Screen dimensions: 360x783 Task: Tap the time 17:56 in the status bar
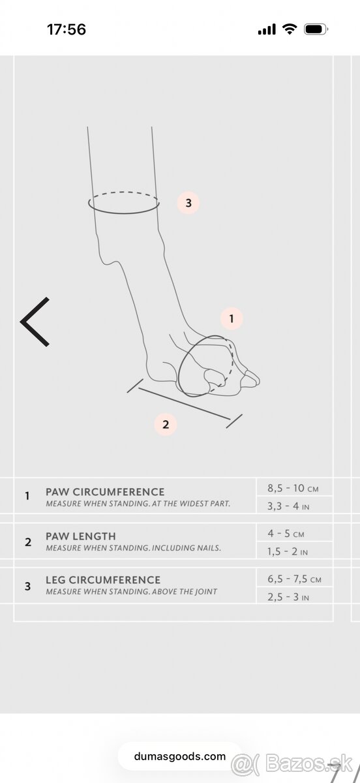[x=67, y=29]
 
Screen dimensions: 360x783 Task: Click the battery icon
[x=316, y=29]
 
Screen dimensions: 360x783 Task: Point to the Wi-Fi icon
[x=290, y=29]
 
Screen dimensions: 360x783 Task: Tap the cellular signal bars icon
[x=267, y=29]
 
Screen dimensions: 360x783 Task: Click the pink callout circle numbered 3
[x=188, y=203]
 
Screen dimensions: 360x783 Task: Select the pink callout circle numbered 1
[x=232, y=318]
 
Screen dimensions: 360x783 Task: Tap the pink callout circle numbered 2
[x=166, y=424]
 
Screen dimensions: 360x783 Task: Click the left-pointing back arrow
[x=35, y=322]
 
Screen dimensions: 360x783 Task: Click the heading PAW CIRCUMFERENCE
[x=105, y=492]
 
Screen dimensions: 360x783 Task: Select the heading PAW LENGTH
[x=81, y=536]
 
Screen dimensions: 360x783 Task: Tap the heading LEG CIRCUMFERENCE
[x=103, y=580]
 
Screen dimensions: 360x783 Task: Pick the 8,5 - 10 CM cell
[x=293, y=488]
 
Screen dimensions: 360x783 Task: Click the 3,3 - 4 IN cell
[x=288, y=506]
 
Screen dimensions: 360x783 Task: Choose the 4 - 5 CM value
[x=286, y=534]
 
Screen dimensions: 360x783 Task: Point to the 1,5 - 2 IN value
[x=288, y=551]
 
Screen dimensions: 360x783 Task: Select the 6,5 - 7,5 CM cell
[x=294, y=579]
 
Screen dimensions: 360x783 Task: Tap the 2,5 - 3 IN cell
[x=288, y=597]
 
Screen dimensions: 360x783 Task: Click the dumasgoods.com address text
[x=179, y=757]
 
